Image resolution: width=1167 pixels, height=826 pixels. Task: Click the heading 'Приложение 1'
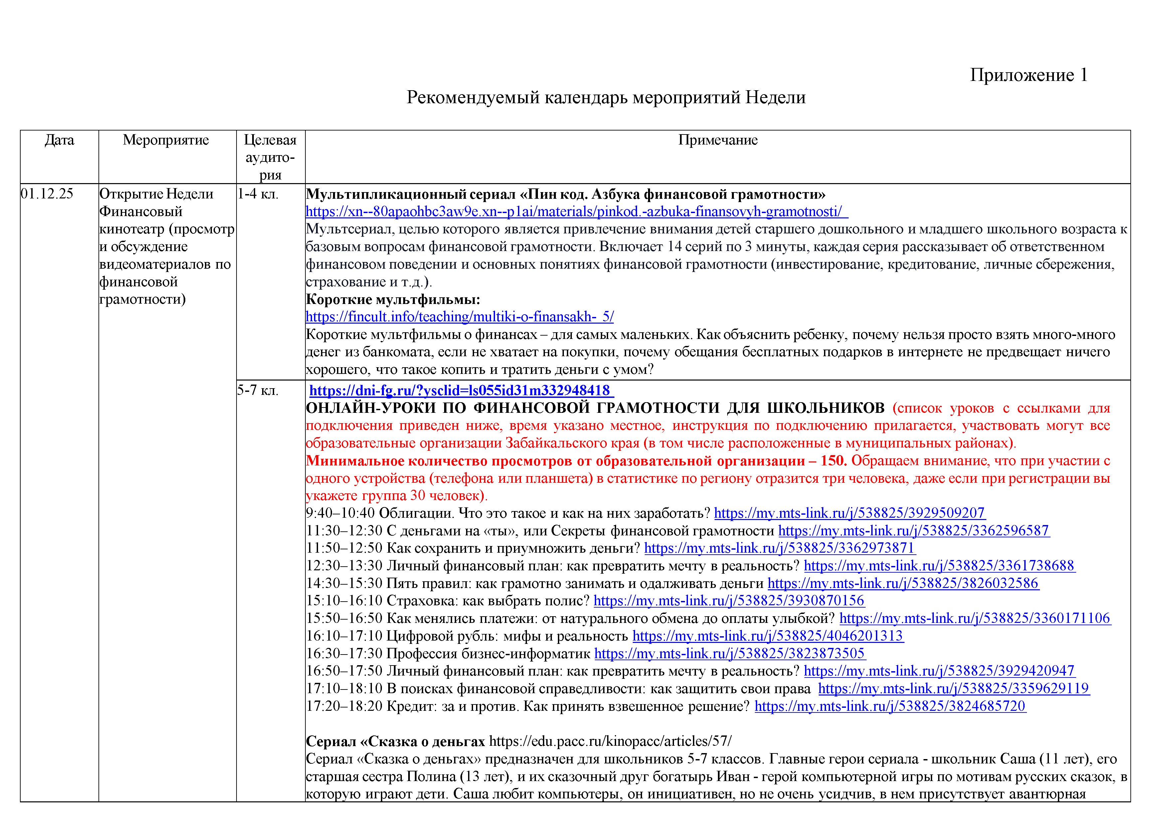(1028, 75)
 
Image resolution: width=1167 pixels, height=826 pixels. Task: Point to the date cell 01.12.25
(47, 194)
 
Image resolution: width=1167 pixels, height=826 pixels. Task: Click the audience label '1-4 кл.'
(258, 194)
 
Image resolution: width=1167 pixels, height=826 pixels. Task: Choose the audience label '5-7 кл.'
(258, 391)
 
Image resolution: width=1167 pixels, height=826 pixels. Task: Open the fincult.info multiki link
(459, 317)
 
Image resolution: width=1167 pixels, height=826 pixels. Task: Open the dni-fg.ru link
(461, 391)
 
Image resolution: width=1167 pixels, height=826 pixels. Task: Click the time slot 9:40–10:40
(340, 513)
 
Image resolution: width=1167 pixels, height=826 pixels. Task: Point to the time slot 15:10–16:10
(344, 601)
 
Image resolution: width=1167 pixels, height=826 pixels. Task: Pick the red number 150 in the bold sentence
(833, 461)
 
